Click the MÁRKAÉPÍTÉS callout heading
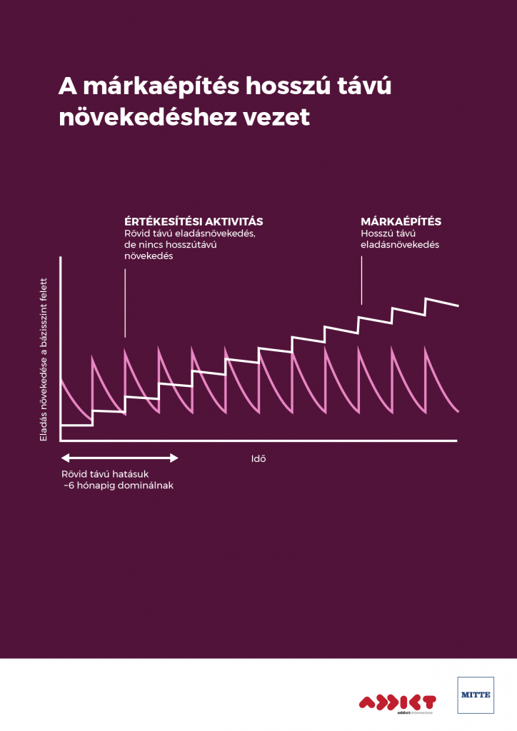click(x=401, y=221)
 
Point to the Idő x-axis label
click(x=258, y=458)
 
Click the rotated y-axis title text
click(x=44, y=358)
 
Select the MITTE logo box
click(x=475, y=695)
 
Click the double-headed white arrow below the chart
click(x=119, y=458)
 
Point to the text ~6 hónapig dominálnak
click(x=119, y=485)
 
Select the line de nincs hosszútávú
click(x=170, y=244)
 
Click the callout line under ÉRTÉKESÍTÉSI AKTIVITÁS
click(x=125, y=303)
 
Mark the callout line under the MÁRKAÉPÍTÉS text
click(x=361, y=281)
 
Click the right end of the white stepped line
click(x=457, y=305)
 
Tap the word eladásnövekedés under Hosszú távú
click(x=400, y=244)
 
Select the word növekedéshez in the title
click(x=138, y=116)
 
